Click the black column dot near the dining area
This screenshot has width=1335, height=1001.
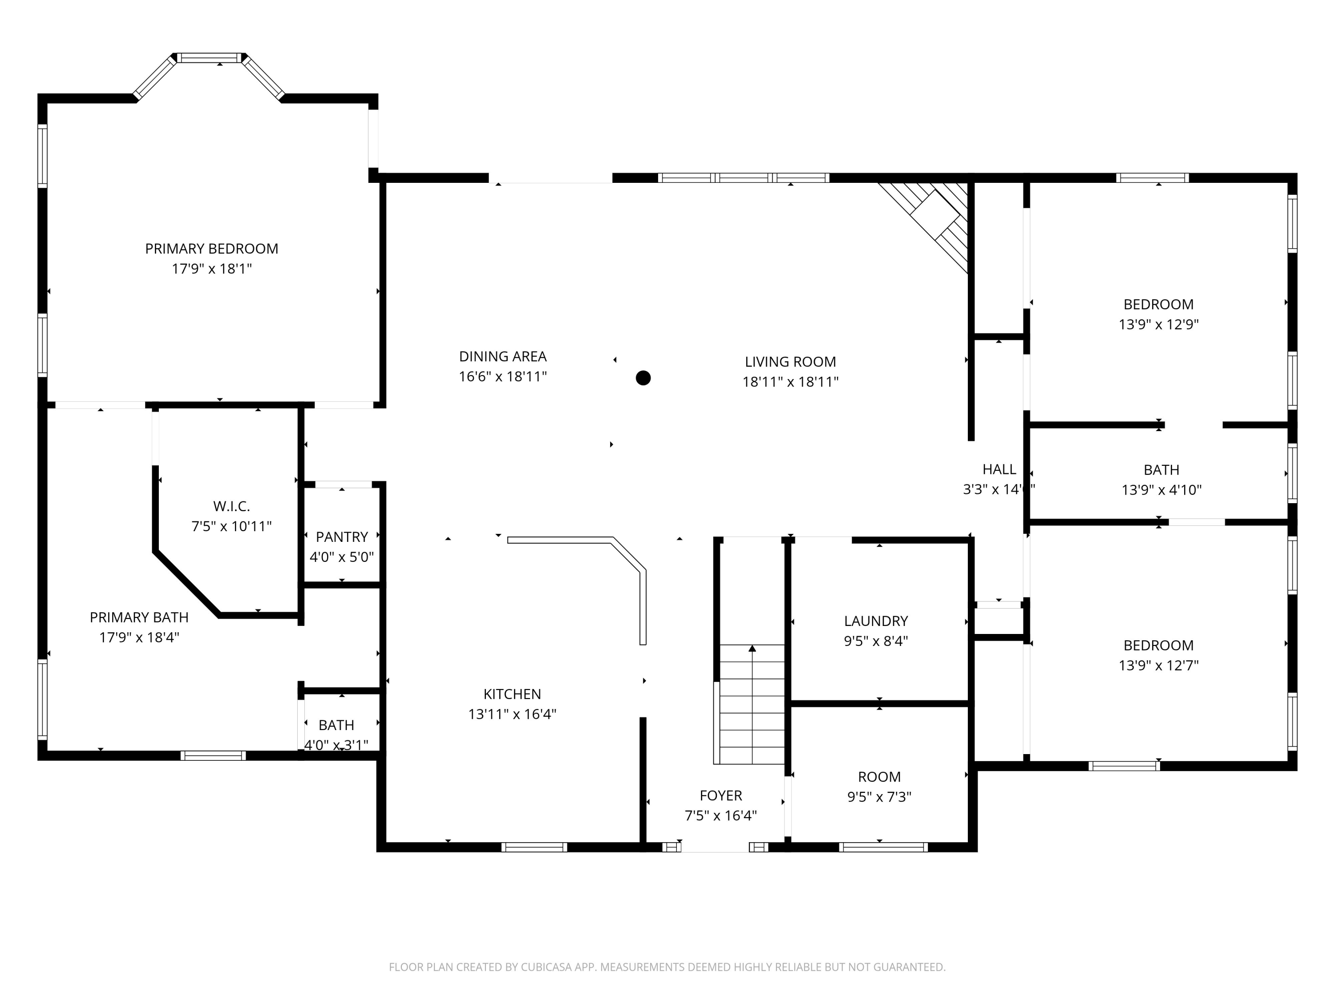coord(643,378)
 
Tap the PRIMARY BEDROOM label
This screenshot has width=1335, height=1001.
coord(211,249)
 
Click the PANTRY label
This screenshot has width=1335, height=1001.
coord(342,537)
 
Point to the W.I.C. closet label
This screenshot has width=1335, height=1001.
coord(231,506)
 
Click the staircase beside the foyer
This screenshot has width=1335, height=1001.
coord(752,704)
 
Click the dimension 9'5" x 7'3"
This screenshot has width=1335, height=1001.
coord(879,796)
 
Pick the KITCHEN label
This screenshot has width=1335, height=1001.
coord(512,694)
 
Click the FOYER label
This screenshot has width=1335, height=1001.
coord(720,795)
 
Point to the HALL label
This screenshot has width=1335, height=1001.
coord(999,469)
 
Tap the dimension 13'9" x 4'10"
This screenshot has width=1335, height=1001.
coord(1161,490)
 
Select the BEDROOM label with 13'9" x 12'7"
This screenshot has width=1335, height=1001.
coord(1158,645)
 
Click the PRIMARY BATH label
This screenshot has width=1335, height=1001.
coord(139,617)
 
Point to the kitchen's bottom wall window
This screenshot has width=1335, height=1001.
coord(534,847)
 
